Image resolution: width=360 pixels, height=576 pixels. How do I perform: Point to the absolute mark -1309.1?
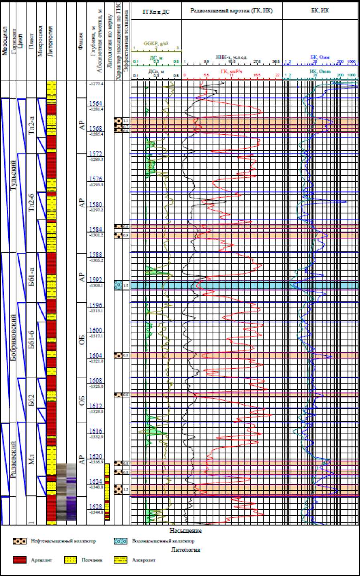[x=96, y=286]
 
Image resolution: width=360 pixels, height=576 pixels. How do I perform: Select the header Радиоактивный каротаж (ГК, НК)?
[x=232, y=11]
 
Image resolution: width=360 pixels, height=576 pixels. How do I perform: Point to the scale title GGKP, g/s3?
[x=156, y=43]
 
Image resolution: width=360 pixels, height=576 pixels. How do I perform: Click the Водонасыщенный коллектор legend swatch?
[x=121, y=541]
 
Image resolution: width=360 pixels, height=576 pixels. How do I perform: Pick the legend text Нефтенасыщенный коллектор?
[x=63, y=541]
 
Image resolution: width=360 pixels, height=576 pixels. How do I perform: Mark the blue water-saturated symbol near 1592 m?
[x=118, y=285]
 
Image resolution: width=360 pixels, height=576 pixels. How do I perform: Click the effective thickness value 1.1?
[x=126, y=121]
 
